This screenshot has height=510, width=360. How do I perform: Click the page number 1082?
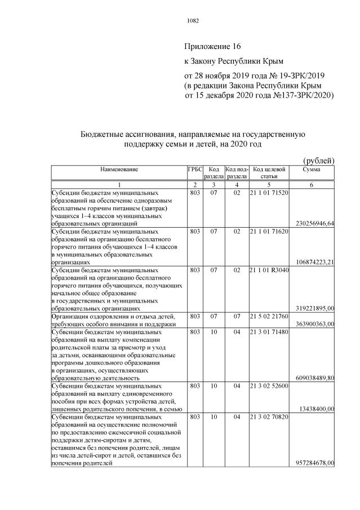click(x=193, y=21)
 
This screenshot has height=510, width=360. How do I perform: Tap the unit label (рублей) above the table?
click(x=318, y=160)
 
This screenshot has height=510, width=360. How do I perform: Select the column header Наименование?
click(x=119, y=169)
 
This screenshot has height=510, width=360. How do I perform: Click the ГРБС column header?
click(x=194, y=169)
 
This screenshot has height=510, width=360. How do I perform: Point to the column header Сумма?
click(x=312, y=169)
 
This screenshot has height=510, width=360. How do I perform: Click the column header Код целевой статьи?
click(x=269, y=172)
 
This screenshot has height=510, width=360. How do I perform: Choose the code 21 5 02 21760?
click(x=269, y=317)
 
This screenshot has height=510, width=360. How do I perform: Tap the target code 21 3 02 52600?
click(x=269, y=386)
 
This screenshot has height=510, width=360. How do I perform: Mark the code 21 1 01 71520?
click(x=269, y=192)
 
